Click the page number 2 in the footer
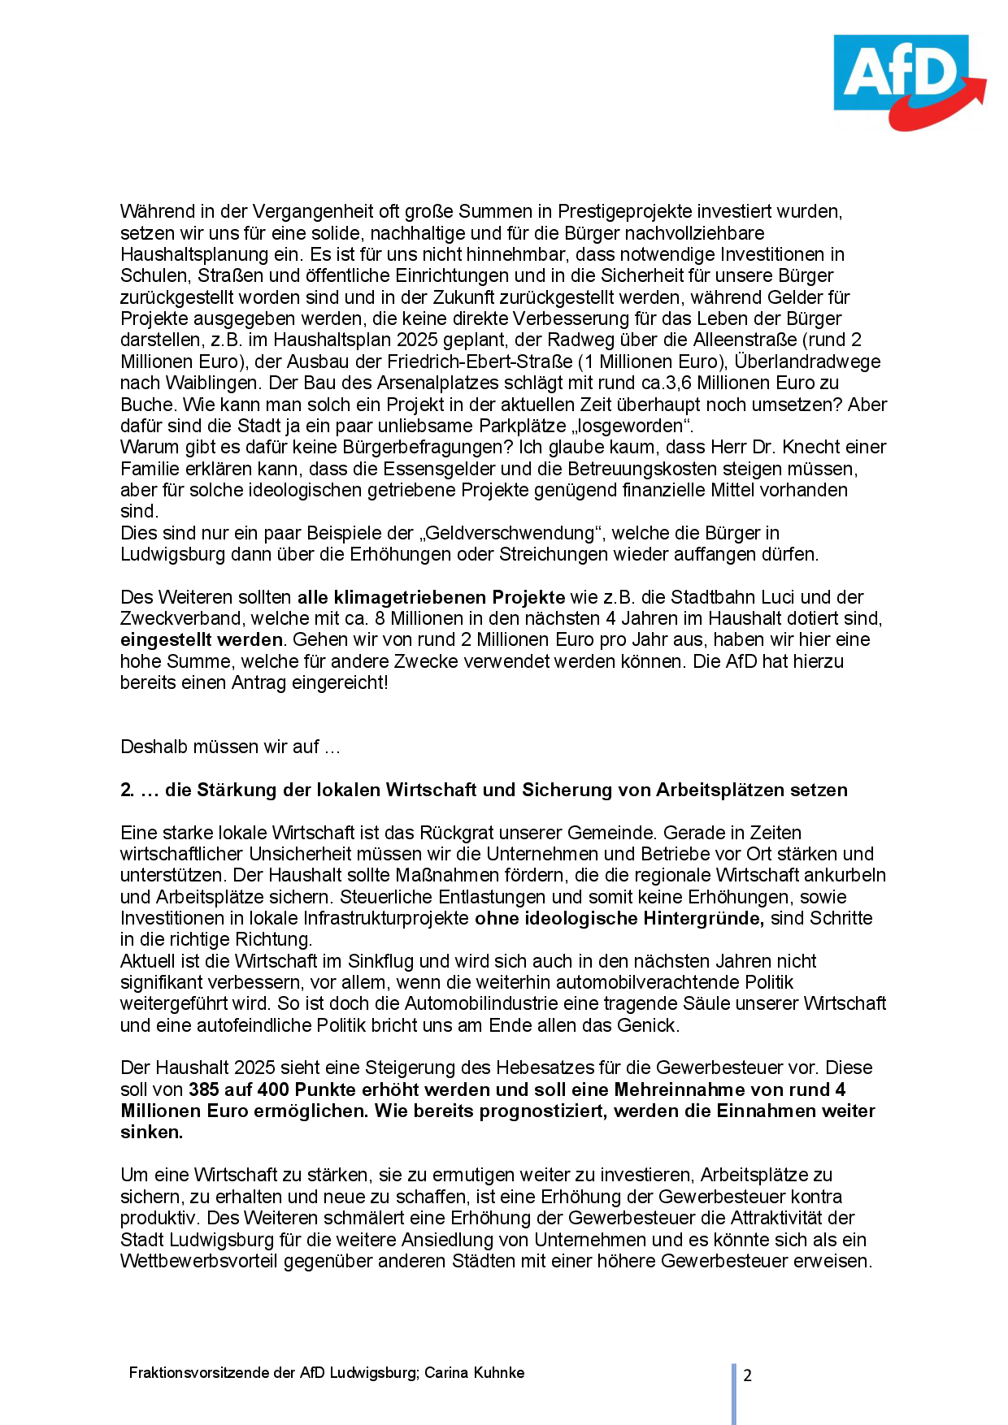pyautogui.click(x=747, y=1375)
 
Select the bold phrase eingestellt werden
pyautogui.click(x=202, y=640)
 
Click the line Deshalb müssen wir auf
pyautogui.click(x=230, y=747)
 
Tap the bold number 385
pyautogui.click(x=204, y=1089)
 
